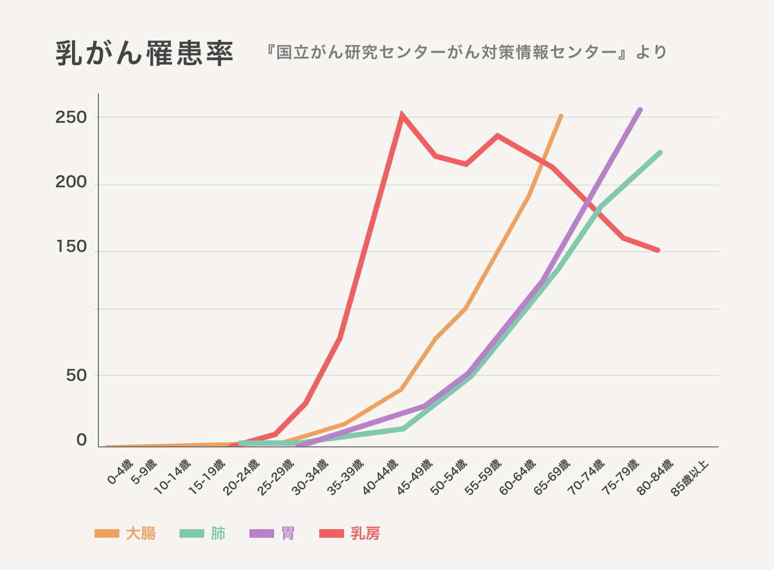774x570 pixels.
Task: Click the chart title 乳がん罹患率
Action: [x=144, y=53]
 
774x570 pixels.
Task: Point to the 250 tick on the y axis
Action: [x=71, y=117]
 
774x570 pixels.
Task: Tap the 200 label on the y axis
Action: [x=71, y=182]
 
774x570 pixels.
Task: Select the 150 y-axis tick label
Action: [x=71, y=247]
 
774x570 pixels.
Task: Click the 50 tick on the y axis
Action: [x=76, y=375]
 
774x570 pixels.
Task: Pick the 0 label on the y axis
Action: [x=82, y=440]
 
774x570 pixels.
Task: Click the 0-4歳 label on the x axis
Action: [x=120, y=472]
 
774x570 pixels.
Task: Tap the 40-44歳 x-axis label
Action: [x=381, y=476]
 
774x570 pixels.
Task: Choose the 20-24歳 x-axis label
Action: [x=241, y=476]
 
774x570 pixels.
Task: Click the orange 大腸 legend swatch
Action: [x=106, y=533]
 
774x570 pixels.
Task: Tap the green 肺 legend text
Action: [x=218, y=533]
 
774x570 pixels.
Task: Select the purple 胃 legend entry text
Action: [x=288, y=533]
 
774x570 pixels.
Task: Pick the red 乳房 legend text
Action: [x=365, y=533]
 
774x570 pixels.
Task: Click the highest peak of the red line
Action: [x=402, y=116]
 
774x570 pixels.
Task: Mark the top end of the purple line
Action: [x=640, y=110]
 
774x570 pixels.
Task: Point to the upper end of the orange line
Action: [x=561, y=115]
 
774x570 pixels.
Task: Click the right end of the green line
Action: [x=660, y=153]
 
